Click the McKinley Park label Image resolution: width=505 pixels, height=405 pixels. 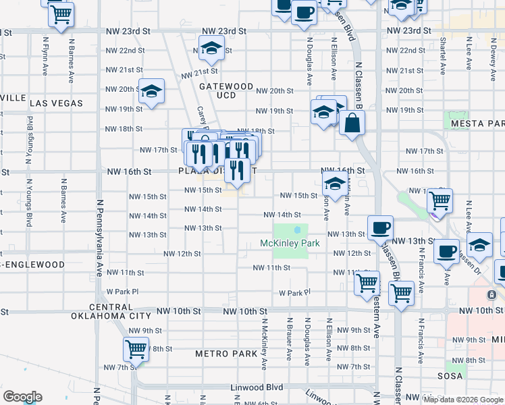click(290, 243)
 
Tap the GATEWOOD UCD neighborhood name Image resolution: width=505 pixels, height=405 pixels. click(226, 92)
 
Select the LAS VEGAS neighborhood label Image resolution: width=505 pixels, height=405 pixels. click(56, 103)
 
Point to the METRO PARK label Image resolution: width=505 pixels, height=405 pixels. click(226, 354)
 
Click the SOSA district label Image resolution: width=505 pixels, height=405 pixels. click(450, 376)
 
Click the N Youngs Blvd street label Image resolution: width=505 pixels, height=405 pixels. click(29, 136)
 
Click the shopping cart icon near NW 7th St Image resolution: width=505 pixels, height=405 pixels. click(136, 350)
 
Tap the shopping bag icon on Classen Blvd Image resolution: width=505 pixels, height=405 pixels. click(352, 124)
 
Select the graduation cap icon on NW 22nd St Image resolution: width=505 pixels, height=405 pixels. click(211, 48)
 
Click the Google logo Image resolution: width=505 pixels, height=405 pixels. click(22, 397)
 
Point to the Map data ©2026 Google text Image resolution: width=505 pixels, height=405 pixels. click(463, 400)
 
